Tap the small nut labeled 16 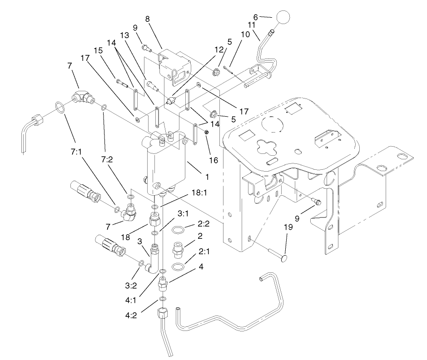click(206, 132)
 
